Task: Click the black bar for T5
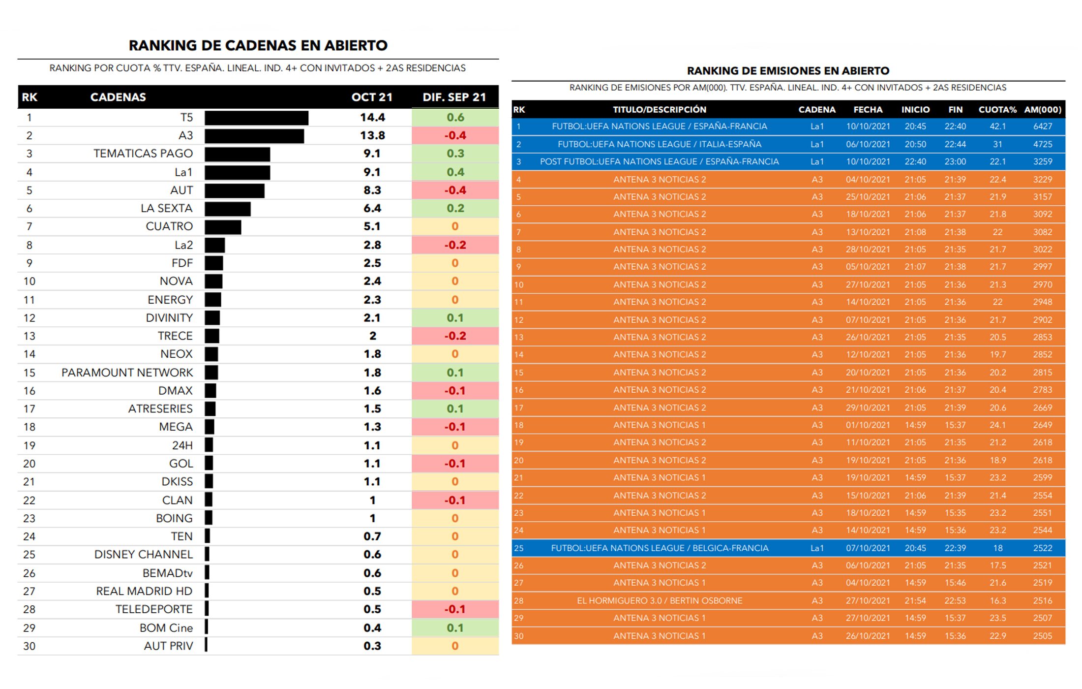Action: [x=256, y=118]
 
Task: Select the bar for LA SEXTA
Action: [x=228, y=209]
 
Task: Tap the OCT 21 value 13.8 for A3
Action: [x=372, y=135]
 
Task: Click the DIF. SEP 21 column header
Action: [x=454, y=97]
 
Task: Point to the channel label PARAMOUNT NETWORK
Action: [x=127, y=373]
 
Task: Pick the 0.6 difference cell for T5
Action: [x=455, y=117]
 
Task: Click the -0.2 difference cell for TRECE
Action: [x=455, y=336]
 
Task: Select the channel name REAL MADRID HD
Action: [x=144, y=591]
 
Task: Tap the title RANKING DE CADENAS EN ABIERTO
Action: [x=258, y=45]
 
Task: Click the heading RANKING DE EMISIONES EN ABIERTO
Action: [x=788, y=71]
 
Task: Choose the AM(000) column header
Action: [x=1043, y=109]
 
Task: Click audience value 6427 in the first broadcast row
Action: [x=1043, y=126]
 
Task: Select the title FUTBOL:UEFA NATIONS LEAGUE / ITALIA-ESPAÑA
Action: [x=659, y=144]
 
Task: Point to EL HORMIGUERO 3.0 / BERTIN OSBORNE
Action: [x=659, y=600]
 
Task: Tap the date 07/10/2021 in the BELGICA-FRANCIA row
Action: [x=868, y=548]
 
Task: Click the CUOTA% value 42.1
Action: [x=997, y=126]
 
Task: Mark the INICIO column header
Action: [x=915, y=109]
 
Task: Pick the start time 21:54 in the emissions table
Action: [x=915, y=600]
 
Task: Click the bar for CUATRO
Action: [x=223, y=227]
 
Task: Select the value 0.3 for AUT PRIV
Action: [x=372, y=646]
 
